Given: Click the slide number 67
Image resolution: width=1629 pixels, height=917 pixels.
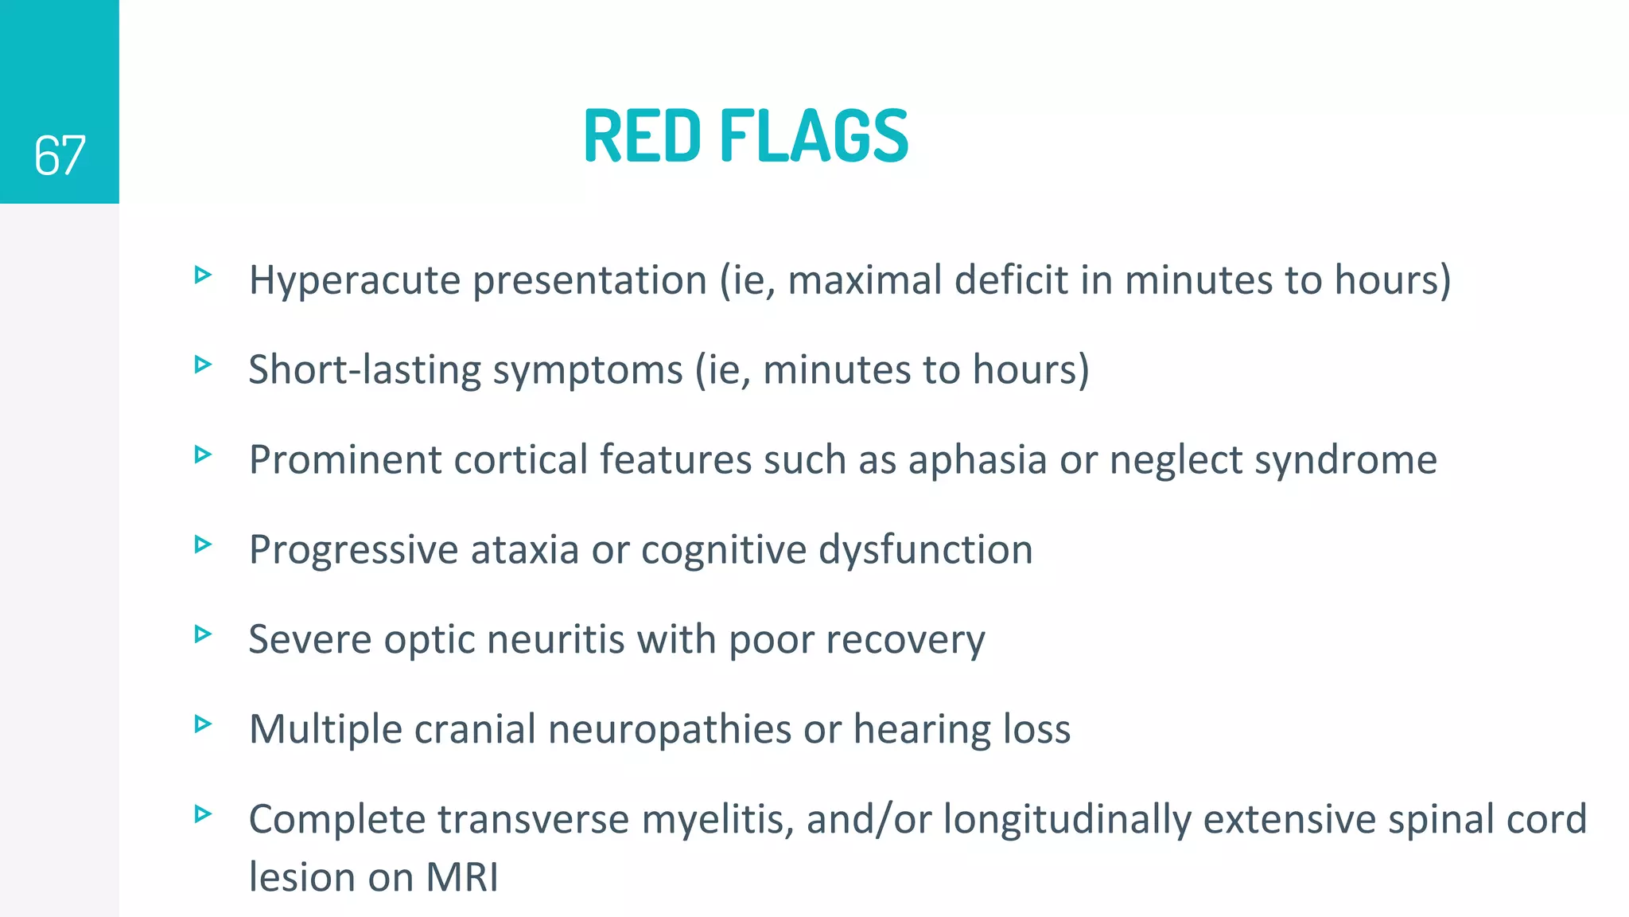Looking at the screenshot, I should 60,155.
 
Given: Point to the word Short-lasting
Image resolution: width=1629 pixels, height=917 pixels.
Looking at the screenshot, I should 365,370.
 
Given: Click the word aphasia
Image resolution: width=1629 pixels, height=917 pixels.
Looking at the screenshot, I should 978,460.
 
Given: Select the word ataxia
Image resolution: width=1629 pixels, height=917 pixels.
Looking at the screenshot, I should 525,550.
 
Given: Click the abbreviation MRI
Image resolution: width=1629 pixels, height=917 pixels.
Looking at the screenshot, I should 462,878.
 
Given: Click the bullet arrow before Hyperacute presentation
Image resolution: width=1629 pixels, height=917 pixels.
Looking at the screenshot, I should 204,275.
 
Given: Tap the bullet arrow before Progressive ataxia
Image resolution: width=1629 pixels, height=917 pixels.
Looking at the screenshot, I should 204,544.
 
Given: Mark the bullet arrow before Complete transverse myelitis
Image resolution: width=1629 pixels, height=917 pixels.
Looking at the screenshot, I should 204,814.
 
